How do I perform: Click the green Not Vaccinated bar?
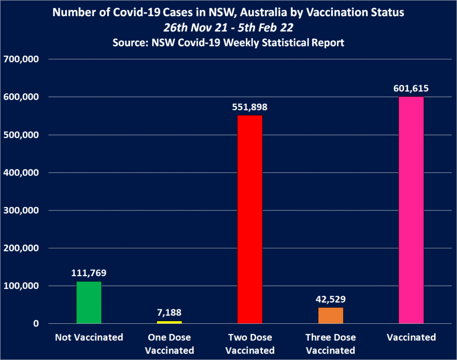pos(89,302)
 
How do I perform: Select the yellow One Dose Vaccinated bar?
pos(169,322)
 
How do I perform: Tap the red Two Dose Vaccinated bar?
pos(250,219)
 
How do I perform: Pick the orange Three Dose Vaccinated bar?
pos(331,315)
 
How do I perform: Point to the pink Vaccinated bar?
pos(411,210)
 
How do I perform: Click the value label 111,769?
pos(89,273)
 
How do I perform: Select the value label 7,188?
pos(169,313)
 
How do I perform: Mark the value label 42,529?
pos(331,299)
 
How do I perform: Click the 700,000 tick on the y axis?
pos(21,59)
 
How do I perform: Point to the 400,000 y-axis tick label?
pos(21,172)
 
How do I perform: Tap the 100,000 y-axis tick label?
pos(21,286)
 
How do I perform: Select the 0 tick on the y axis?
pos(36,324)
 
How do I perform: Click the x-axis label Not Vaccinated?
pos(89,337)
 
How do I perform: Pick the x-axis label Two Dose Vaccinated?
pos(250,343)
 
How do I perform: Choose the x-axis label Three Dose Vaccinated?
pos(331,343)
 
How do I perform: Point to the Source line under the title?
pos(228,43)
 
